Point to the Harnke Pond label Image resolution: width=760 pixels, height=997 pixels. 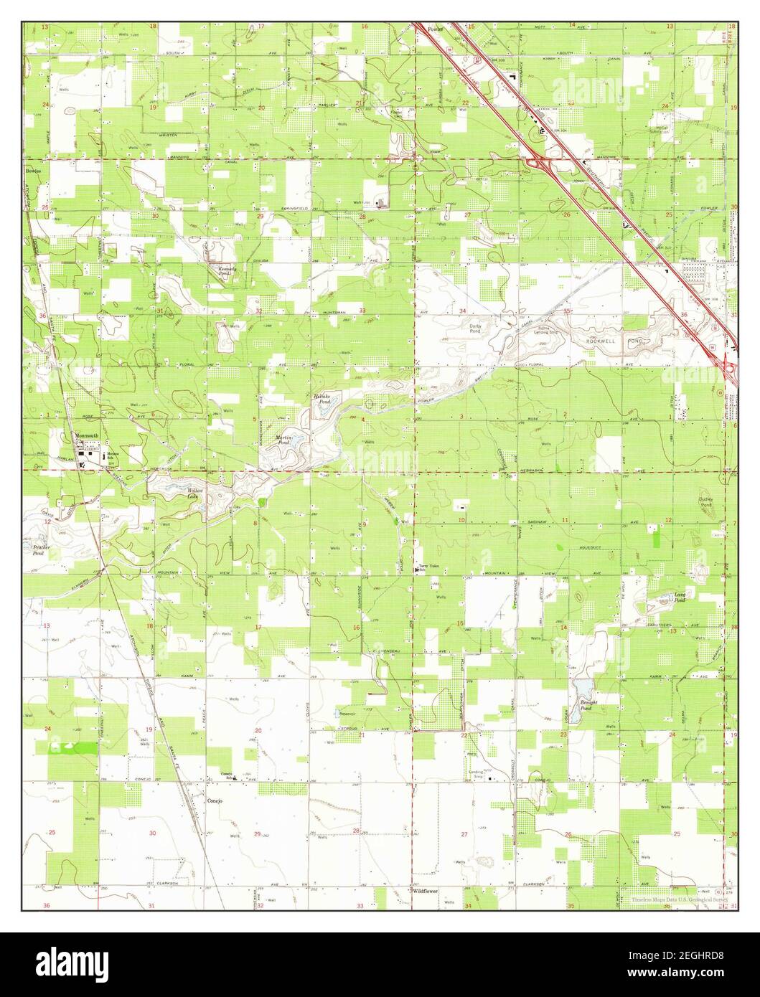[320, 399]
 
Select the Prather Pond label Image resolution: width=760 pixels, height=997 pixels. [42, 549]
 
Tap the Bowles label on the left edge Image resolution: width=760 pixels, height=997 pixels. [33, 172]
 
